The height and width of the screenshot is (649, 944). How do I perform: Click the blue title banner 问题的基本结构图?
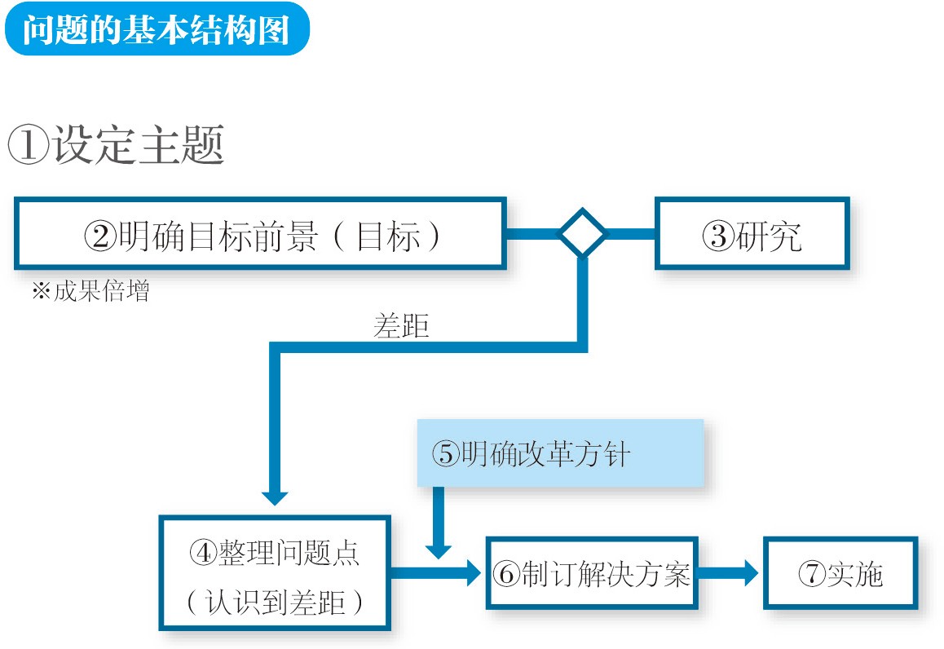(156, 29)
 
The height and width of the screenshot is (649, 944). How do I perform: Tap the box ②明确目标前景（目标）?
(260, 234)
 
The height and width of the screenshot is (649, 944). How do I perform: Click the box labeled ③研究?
(752, 234)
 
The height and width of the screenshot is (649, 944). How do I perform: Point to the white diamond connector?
(581, 234)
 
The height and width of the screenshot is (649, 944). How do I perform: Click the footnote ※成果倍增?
(90, 291)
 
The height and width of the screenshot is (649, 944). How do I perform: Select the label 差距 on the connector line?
(400, 327)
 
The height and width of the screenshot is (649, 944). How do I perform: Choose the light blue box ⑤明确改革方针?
(559, 453)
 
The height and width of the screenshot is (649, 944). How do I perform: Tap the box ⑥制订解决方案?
(591, 574)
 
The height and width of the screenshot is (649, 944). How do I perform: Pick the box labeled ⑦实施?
(840, 574)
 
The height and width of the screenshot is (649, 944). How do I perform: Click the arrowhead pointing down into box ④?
(274, 497)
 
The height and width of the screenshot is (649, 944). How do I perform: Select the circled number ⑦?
(812, 575)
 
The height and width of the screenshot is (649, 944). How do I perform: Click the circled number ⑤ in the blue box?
(445, 454)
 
